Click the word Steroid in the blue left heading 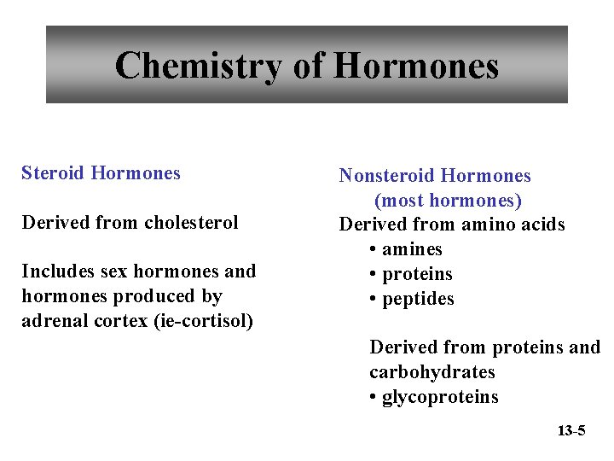pos(53,173)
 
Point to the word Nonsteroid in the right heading pos(385,176)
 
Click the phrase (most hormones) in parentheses pos(448,201)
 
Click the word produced pos(181,296)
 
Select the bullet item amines pos(412,249)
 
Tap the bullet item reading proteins pos(417,274)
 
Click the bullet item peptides pos(418,299)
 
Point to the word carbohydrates pos(432,372)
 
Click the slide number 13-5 pos(571,430)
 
